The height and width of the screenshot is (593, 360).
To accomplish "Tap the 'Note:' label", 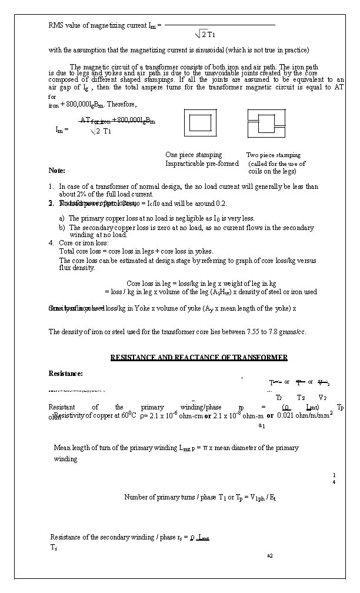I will point(57,171).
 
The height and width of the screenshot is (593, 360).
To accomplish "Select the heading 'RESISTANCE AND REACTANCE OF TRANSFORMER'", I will point(199,358).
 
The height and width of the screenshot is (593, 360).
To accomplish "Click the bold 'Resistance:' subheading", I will point(66,374).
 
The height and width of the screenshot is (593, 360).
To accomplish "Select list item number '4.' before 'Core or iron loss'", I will point(52,242).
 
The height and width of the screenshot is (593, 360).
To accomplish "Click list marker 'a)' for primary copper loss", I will point(62,218).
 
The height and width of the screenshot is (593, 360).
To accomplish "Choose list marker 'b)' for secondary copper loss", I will point(62,227).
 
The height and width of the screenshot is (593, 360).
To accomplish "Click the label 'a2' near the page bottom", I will point(269,555).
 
